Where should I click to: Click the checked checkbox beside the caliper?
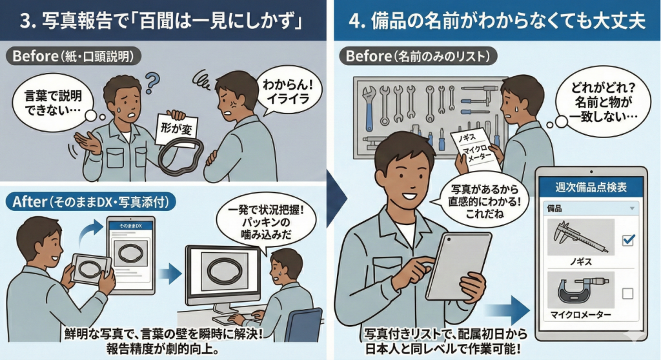(x=627, y=240)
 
